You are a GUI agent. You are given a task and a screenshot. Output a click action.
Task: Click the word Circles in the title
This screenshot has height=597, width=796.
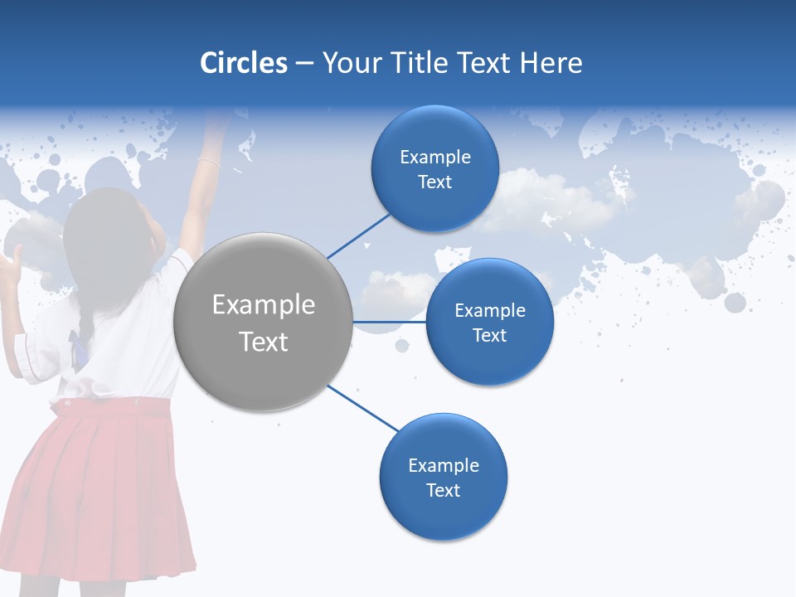click(x=244, y=63)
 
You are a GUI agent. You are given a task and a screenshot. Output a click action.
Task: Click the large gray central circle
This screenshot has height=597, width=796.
click(x=264, y=322)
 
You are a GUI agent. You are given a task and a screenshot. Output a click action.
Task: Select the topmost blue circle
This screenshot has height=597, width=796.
click(x=434, y=169)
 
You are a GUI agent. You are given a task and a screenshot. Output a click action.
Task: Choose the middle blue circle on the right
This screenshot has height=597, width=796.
click(x=489, y=322)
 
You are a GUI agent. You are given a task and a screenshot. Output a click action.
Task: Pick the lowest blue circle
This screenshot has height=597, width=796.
click(x=443, y=478)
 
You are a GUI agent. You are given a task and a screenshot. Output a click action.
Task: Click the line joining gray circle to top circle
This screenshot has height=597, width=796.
click(x=358, y=236)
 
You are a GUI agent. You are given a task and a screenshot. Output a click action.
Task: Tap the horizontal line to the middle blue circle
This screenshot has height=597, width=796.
click(x=390, y=322)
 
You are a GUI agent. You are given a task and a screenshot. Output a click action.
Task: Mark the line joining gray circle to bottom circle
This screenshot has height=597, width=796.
click(x=363, y=408)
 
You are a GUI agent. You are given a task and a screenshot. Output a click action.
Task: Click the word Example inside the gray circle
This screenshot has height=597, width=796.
click(x=264, y=305)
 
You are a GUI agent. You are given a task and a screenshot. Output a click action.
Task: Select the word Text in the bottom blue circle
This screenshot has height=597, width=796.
click(x=443, y=491)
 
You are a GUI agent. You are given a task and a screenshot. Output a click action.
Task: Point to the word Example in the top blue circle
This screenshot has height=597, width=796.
click(x=434, y=158)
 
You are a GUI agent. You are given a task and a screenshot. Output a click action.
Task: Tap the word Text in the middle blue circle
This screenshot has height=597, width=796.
click(x=489, y=336)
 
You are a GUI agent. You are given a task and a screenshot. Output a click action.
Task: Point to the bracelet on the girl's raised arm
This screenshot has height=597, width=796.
click(x=208, y=163)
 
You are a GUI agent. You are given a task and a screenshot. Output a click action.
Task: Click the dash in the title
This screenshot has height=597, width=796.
click(x=303, y=64)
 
